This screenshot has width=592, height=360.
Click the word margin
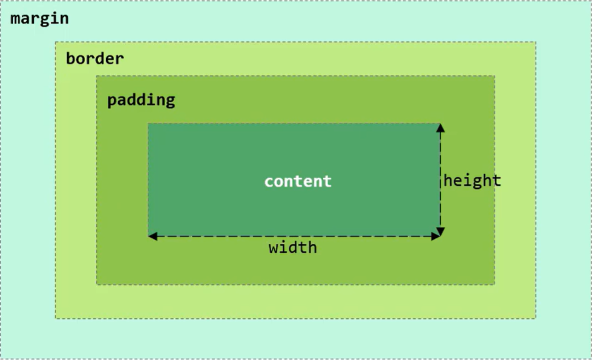pos(39,19)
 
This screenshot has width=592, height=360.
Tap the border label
pos(94,59)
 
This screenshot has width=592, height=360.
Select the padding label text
pos(141,100)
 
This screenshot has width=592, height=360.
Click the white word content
pos(298,181)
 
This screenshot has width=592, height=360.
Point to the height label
pos(472,180)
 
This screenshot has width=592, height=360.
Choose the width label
pos(293,247)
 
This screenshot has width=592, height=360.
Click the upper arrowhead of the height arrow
pos(441,128)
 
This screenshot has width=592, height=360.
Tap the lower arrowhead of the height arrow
pos(441,231)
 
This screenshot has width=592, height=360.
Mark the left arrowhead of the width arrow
pos(153,236)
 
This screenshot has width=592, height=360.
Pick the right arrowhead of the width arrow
pos(435,236)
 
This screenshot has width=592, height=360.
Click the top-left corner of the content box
pos(148,123)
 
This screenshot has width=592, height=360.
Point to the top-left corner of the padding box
pos(97,76)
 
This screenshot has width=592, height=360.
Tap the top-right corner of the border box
pos(536,42)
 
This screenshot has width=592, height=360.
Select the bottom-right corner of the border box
pos(536,318)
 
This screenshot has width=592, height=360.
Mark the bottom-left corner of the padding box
pos(97,284)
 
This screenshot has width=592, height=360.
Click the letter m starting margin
pos(16,19)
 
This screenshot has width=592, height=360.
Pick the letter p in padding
pos(112,100)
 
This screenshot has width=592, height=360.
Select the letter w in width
pos(274,247)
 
